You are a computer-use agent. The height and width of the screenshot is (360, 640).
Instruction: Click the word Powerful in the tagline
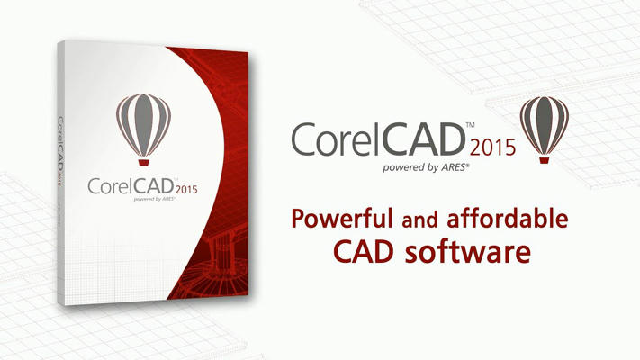pos(342,219)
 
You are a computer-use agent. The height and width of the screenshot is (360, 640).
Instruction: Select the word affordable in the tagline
pos(508,218)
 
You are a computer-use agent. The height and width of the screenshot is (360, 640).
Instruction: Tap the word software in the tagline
pos(468,252)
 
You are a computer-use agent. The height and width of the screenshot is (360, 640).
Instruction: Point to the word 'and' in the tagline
pos(419,220)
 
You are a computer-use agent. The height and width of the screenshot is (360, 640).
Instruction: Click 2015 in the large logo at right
pos(492,148)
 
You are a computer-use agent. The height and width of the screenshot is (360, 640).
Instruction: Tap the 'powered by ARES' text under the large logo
pos(426,167)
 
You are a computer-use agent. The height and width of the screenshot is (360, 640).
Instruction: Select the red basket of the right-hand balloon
pos(544,160)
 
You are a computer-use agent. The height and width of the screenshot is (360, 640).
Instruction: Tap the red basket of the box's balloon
pos(143,162)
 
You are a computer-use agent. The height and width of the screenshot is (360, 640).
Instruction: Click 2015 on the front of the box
pos(186,190)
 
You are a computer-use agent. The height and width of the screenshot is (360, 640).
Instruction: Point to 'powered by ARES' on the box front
pos(154,199)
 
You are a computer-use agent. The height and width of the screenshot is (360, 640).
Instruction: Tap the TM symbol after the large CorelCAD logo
pos(470,124)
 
